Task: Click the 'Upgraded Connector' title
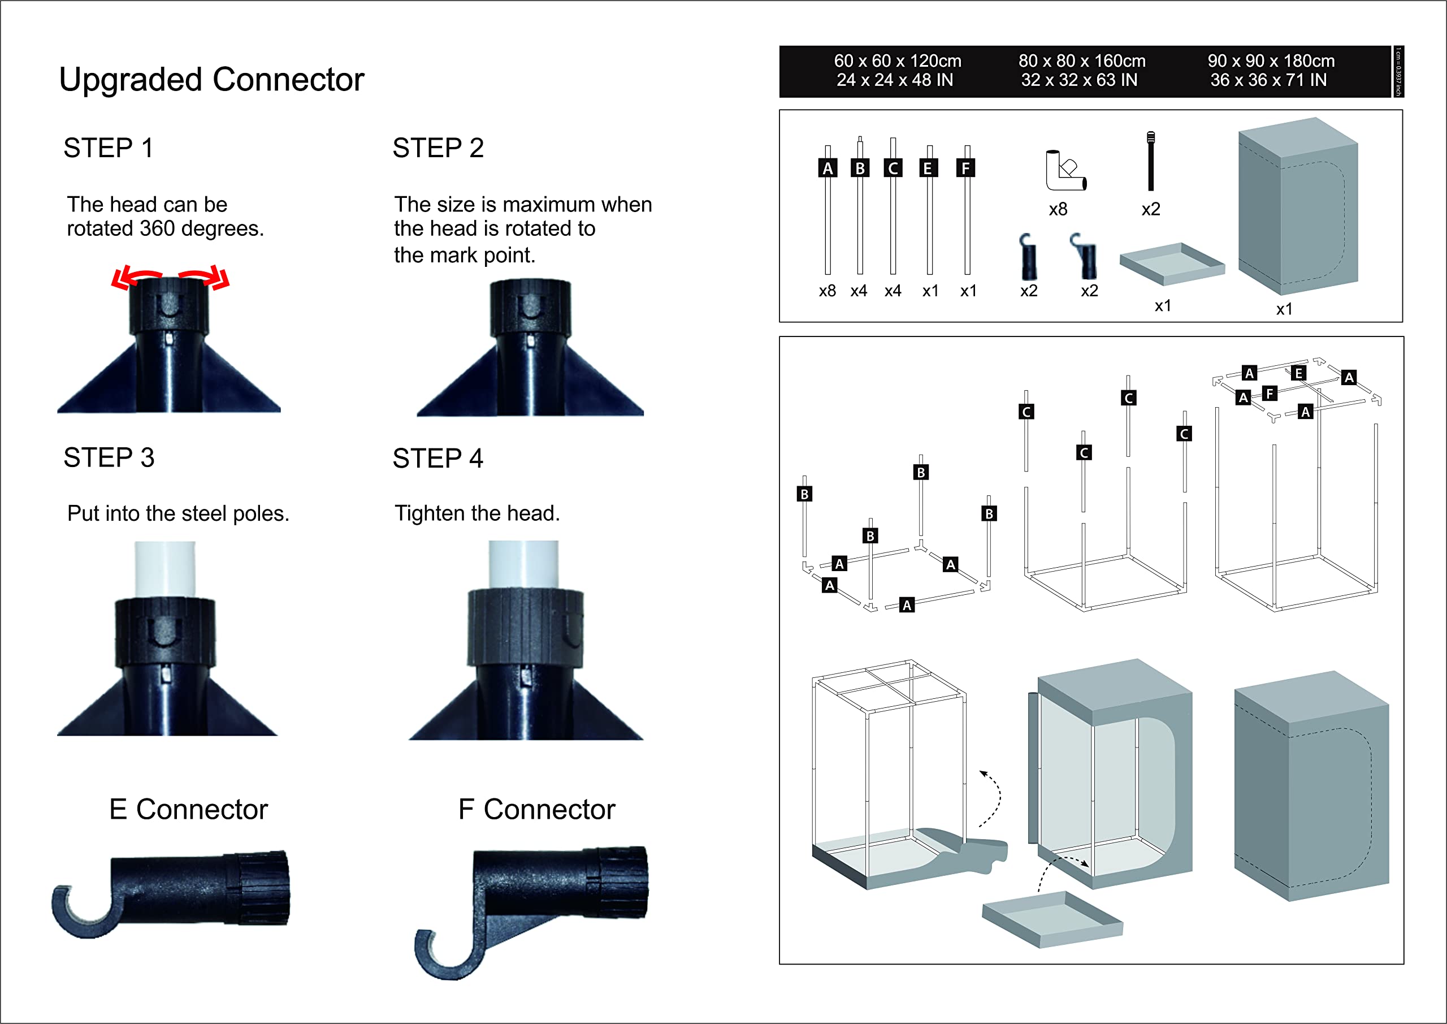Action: coord(211,80)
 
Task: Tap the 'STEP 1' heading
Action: coord(108,148)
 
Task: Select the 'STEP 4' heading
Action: coord(437,459)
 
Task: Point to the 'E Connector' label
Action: coord(188,810)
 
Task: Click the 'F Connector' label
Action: coord(536,810)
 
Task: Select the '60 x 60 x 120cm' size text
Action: coord(898,61)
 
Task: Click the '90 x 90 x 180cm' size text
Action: coord(1271,61)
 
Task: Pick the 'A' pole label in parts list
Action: coord(828,168)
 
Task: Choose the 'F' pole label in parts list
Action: coord(965,168)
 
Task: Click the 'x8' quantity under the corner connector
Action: coord(1058,209)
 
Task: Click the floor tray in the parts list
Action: coord(1171,263)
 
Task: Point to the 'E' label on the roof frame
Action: coord(1298,373)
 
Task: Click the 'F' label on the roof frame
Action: coord(1270,394)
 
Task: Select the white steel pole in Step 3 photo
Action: coord(165,568)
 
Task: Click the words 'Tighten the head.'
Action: coord(477,513)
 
